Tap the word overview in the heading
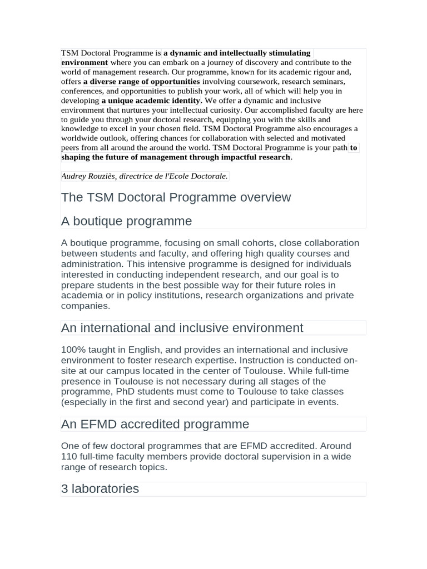[264, 197]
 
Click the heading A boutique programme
[126, 221]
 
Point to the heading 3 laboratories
[100, 489]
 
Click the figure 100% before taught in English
[73, 350]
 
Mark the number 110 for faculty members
[70, 457]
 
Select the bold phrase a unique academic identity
[151, 101]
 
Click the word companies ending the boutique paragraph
[85, 306]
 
